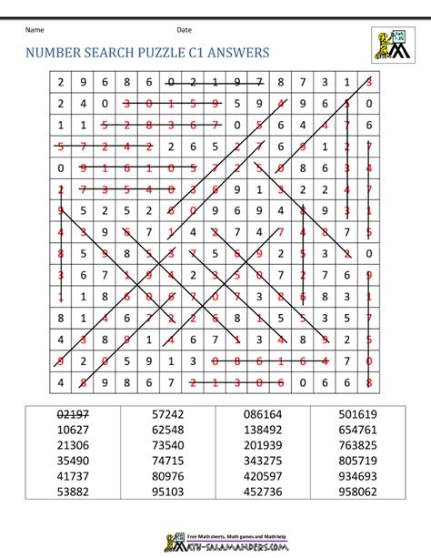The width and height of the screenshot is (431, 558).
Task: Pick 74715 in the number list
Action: tap(168, 459)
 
